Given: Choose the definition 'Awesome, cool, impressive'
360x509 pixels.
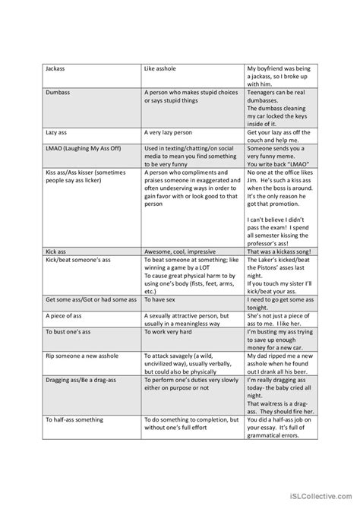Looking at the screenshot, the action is coord(179,251).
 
